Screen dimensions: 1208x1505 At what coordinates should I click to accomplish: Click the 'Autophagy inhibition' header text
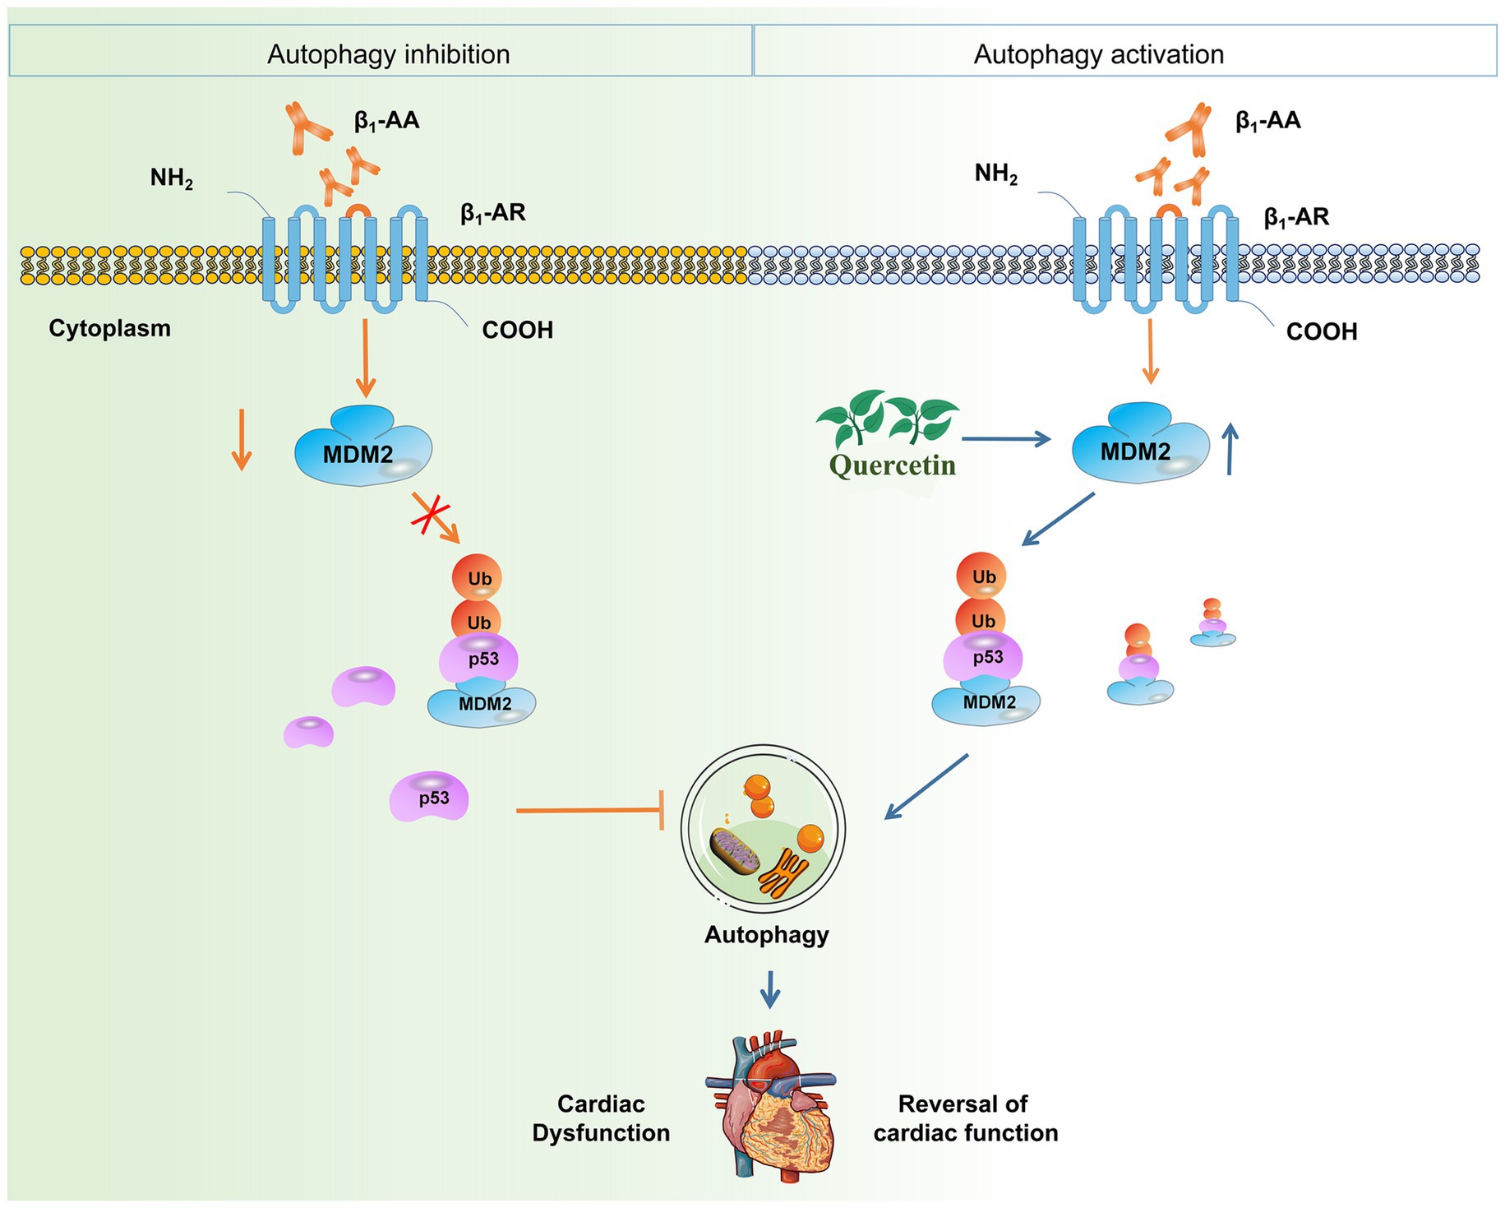(x=388, y=54)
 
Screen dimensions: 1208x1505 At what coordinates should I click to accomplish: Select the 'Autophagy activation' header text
(x=1098, y=54)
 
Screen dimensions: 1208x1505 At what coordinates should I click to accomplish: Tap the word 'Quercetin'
(x=893, y=465)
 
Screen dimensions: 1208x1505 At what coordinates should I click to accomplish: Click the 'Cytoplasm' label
(x=109, y=328)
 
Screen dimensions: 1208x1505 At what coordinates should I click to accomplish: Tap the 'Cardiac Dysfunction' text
(x=601, y=1118)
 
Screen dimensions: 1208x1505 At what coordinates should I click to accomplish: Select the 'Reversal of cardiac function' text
(x=965, y=1118)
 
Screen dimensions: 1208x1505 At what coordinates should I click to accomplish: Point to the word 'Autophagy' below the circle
(x=766, y=935)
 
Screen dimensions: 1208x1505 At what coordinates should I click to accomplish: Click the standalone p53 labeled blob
(x=430, y=797)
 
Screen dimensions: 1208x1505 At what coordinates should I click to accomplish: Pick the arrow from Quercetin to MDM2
(x=1006, y=439)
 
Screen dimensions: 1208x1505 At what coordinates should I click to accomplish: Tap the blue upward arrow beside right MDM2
(x=1230, y=449)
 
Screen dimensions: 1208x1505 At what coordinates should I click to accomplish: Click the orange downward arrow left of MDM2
(x=241, y=439)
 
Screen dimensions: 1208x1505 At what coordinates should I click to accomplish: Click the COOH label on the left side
(x=517, y=331)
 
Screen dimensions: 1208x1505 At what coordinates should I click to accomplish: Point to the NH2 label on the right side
(x=996, y=174)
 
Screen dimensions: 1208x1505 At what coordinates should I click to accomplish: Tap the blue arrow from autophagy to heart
(x=769, y=988)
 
